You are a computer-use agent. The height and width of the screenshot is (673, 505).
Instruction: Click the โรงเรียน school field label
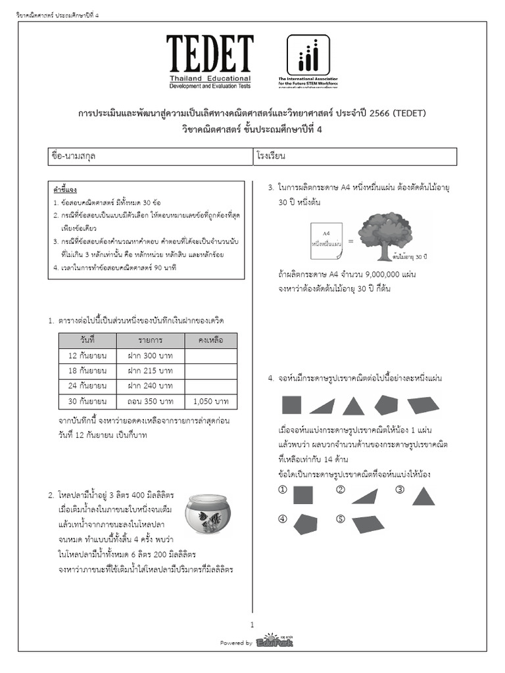276,157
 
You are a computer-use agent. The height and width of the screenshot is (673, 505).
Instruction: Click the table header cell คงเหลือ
211,340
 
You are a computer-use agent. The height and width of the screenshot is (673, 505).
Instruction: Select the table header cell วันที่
87,340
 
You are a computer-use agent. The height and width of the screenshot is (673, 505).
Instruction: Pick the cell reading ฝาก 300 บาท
151,356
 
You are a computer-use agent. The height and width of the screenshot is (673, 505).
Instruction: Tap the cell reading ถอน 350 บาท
151,401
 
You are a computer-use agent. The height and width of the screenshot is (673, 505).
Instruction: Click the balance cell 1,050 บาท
211,401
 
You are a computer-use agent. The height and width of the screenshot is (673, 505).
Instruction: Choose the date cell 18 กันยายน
87,371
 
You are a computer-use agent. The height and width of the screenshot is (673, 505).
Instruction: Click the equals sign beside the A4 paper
350,241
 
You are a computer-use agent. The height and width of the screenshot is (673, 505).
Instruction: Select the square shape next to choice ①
303,494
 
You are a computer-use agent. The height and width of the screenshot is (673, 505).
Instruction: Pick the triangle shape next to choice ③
423,494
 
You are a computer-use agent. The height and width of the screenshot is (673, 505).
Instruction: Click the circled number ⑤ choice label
340,519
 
